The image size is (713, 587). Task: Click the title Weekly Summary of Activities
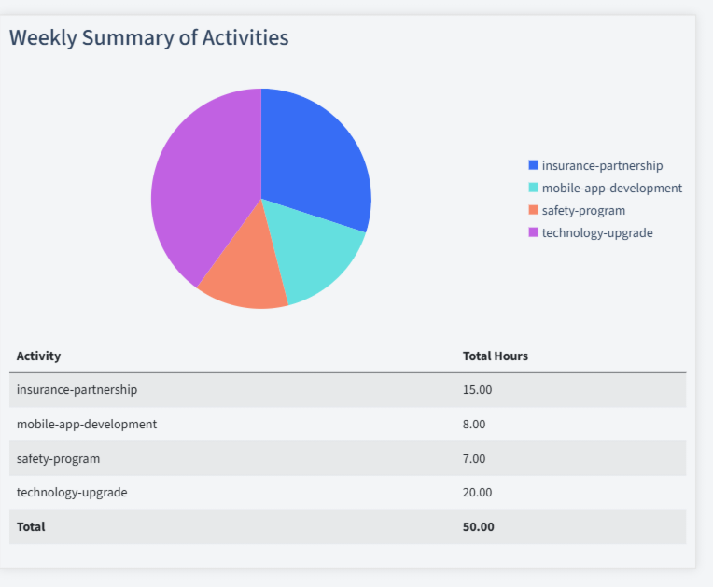pyautogui.click(x=148, y=37)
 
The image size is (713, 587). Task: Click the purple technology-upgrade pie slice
pyautogui.click(x=201, y=187)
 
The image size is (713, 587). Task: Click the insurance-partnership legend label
pyautogui.click(x=602, y=165)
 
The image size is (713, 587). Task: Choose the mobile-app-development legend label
pyautogui.click(x=611, y=188)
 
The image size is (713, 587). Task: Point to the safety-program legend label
pyautogui.click(x=583, y=210)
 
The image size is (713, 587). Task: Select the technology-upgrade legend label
pyautogui.click(x=597, y=232)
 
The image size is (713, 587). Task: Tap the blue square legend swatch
pyautogui.click(x=533, y=165)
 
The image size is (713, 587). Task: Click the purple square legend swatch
pyautogui.click(x=533, y=232)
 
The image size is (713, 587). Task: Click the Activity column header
pyautogui.click(x=38, y=356)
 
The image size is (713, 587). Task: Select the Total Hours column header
pyautogui.click(x=495, y=356)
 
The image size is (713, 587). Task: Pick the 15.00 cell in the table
pyautogui.click(x=477, y=389)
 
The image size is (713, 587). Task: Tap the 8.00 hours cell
pyautogui.click(x=474, y=424)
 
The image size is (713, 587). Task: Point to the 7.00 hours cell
pyautogui.click(x=474, y=458)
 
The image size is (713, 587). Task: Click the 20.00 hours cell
pyautogui.click(x=477, y=492)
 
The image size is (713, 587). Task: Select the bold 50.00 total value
pyautogui.click(x=478, y=526)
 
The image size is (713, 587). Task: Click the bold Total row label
pyautogui.click(x=31, y=526)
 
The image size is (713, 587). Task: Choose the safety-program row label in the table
pyautogui.click(x=58, y=458)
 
